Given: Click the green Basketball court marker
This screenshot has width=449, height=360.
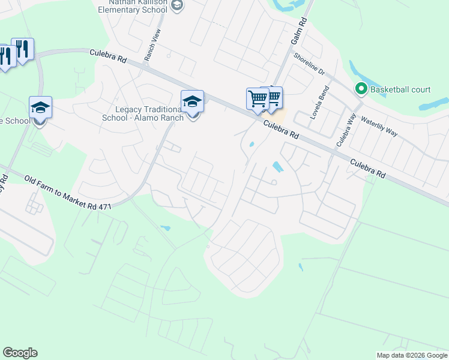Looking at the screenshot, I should click(x=361, y=89).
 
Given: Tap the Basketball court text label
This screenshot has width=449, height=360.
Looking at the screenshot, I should click(x=400, y=89).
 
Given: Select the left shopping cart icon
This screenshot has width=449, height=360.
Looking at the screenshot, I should click(x=257, y=98).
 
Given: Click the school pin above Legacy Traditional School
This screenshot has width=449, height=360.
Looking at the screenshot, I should click(x=193, y=101).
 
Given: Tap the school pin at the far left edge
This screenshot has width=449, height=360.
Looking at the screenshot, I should click(x=40, y=108).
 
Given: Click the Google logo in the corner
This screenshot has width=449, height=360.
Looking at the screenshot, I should click(x=20, y=353).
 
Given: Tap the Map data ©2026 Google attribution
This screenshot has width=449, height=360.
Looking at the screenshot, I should click(x=412, y=355).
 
